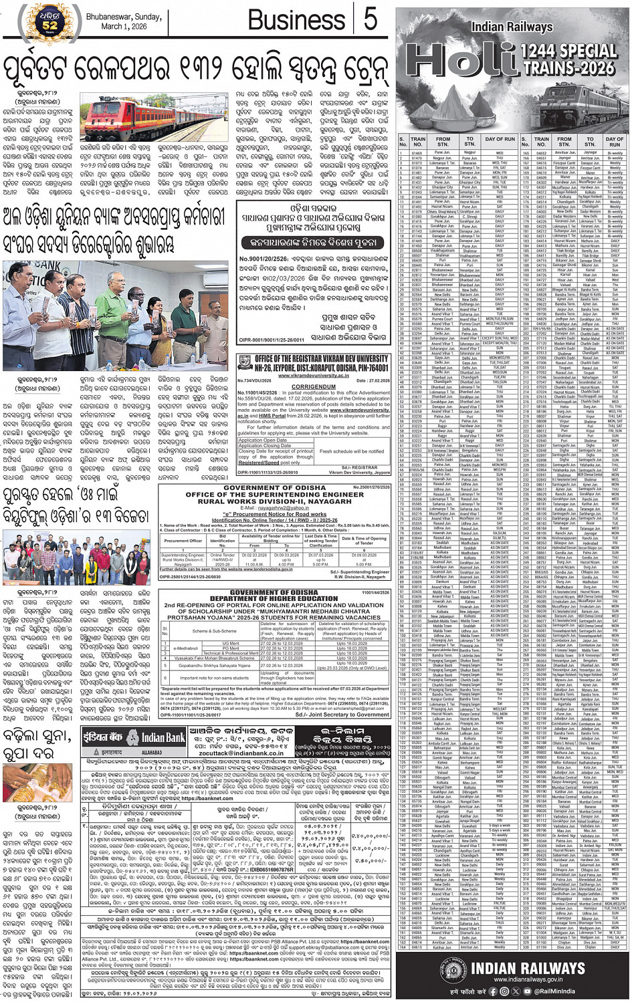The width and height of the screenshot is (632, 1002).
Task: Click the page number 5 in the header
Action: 370,19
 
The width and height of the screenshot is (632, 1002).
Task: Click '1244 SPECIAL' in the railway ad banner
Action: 559,48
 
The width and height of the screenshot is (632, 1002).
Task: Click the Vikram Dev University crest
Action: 245,364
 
